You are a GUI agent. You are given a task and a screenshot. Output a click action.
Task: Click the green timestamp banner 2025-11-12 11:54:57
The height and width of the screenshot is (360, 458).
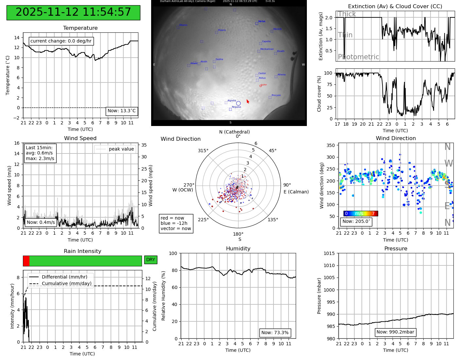[73, 12]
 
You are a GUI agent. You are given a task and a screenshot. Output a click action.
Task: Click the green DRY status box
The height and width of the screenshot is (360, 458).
[150, 260]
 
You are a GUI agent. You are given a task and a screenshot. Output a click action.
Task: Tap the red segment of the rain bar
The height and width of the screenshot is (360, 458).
[26, 261]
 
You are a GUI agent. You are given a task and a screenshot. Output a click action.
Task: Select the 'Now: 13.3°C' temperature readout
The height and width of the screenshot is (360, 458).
[121, 111]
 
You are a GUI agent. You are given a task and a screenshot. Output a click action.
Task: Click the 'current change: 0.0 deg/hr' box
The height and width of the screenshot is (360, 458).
[61, 41]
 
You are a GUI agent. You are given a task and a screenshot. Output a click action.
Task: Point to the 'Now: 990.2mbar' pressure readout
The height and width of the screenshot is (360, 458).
[395, 332]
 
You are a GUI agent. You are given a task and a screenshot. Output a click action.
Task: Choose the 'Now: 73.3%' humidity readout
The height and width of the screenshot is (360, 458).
[275, 333]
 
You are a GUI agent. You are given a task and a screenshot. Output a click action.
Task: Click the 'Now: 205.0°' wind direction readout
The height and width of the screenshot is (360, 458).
[356, 222]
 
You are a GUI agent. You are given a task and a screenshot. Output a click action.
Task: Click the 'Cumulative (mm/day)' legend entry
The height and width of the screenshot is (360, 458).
[66, 284]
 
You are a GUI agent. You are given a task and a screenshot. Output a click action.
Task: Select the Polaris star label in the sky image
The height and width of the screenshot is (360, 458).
[222, 30]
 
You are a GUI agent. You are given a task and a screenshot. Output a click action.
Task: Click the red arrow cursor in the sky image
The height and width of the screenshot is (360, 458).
[248, 101]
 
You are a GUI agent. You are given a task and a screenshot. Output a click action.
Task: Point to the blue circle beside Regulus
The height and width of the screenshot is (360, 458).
[238, 103]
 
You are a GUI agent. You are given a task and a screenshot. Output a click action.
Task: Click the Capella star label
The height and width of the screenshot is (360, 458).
[266, 42]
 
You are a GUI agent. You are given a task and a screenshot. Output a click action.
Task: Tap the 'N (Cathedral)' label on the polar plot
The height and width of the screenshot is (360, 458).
[234, 132]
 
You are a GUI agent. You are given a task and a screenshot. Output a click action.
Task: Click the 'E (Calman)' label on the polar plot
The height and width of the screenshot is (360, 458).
[296, 192]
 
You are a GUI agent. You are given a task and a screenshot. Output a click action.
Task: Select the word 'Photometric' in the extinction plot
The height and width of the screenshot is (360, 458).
[358, 57]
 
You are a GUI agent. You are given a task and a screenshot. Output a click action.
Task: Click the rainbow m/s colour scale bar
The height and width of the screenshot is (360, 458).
[361, 214]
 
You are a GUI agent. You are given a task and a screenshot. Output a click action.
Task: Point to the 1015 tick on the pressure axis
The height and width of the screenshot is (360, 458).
[329, 253]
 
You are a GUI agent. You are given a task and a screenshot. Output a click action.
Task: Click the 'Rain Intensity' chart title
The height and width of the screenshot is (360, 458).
[82, 251]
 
